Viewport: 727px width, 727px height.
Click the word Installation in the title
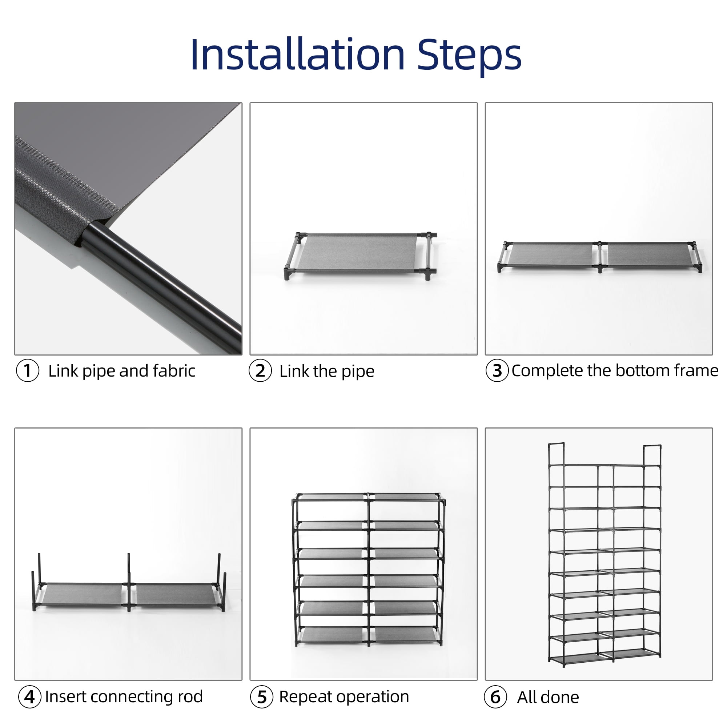point(298,55)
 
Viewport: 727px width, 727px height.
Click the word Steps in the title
point(469,56)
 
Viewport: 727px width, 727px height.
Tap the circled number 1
point(28,371)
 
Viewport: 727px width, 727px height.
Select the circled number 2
point(260,371)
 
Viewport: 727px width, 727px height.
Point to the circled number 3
point(497,371)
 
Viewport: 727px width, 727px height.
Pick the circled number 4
point(30,696)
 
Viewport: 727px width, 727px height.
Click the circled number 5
point(262,696)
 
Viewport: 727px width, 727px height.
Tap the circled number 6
point(495,696)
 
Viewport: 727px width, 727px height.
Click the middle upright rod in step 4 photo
point(129,582)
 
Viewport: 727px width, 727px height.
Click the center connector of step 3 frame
point(600,257)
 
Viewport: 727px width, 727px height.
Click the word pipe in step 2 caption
point(357,372)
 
